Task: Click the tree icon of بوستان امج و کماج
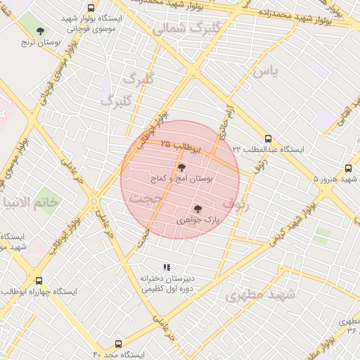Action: [x=182, y=167]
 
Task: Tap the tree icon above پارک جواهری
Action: [x=197, y=208]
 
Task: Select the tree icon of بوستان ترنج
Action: [x=40, y=31]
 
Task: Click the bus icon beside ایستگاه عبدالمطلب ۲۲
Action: [x=268, y=139]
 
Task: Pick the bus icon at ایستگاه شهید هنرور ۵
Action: [x=348, y=168]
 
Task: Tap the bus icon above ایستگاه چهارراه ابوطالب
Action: [x=39, y=280]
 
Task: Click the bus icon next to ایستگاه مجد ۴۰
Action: [x=117, y=345]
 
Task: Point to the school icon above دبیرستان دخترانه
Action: [x=167, y=267]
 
